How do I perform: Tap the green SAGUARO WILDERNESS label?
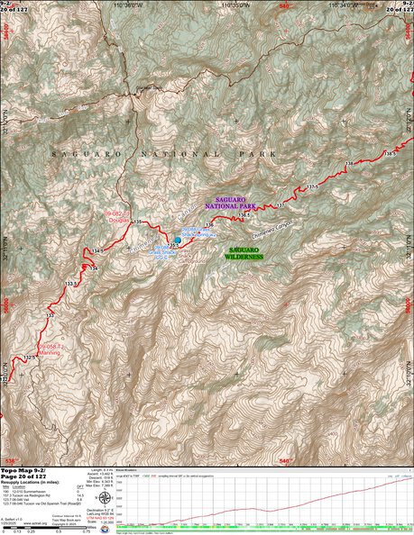(245, 252)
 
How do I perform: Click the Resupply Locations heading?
(35, 485)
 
